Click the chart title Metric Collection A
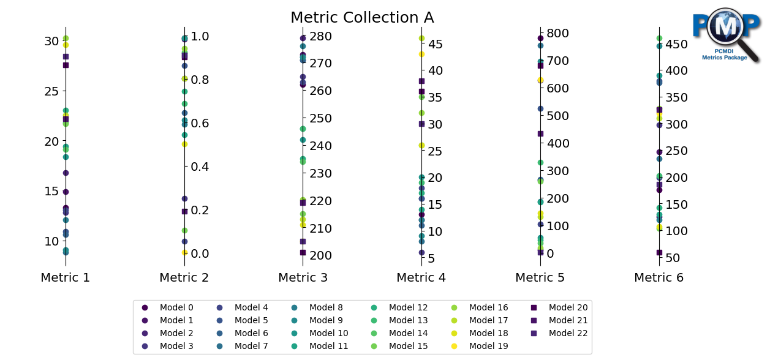[362, 18]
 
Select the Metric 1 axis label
[66, 277]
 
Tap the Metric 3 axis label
[303, 277]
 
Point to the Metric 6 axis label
[659, 277]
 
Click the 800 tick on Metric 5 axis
[559, 33]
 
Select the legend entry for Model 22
[568, 333]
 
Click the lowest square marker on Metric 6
[659, 252]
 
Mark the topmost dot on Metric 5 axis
[540, 38]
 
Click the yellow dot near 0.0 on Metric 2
[184, 252]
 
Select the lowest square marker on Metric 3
[303, 252]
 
